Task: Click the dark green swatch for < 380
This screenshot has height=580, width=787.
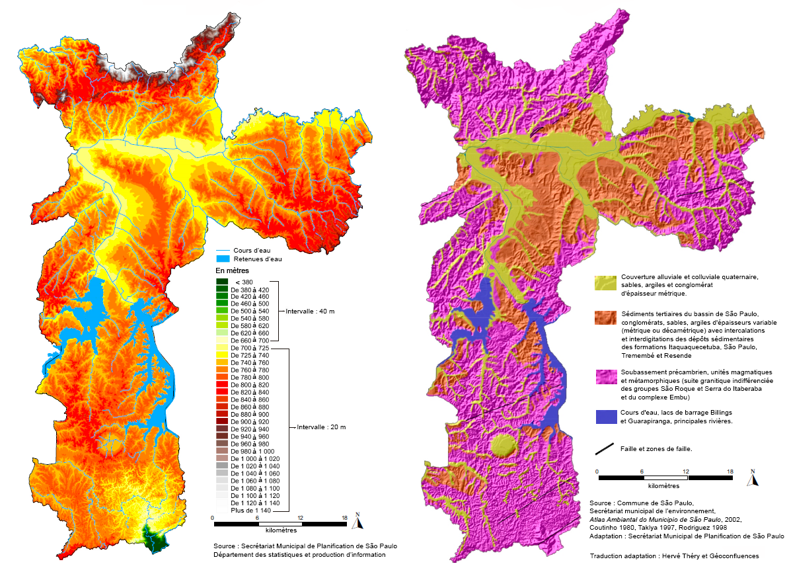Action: click(222, 282)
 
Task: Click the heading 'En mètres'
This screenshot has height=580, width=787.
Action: click(231, 271)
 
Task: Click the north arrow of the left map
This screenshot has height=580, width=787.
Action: click(357, 522)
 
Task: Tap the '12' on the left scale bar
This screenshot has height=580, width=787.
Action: click(301, 517)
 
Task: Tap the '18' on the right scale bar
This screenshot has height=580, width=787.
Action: click(730, 472)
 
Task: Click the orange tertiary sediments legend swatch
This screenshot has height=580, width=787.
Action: click(605, 317)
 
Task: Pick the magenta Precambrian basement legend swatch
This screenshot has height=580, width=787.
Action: click(605, 378)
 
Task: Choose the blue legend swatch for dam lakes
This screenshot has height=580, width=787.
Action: click(605, 417)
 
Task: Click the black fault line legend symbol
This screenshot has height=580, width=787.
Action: click(605, 448)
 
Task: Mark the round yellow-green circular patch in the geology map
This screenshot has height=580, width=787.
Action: click(504, 446)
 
